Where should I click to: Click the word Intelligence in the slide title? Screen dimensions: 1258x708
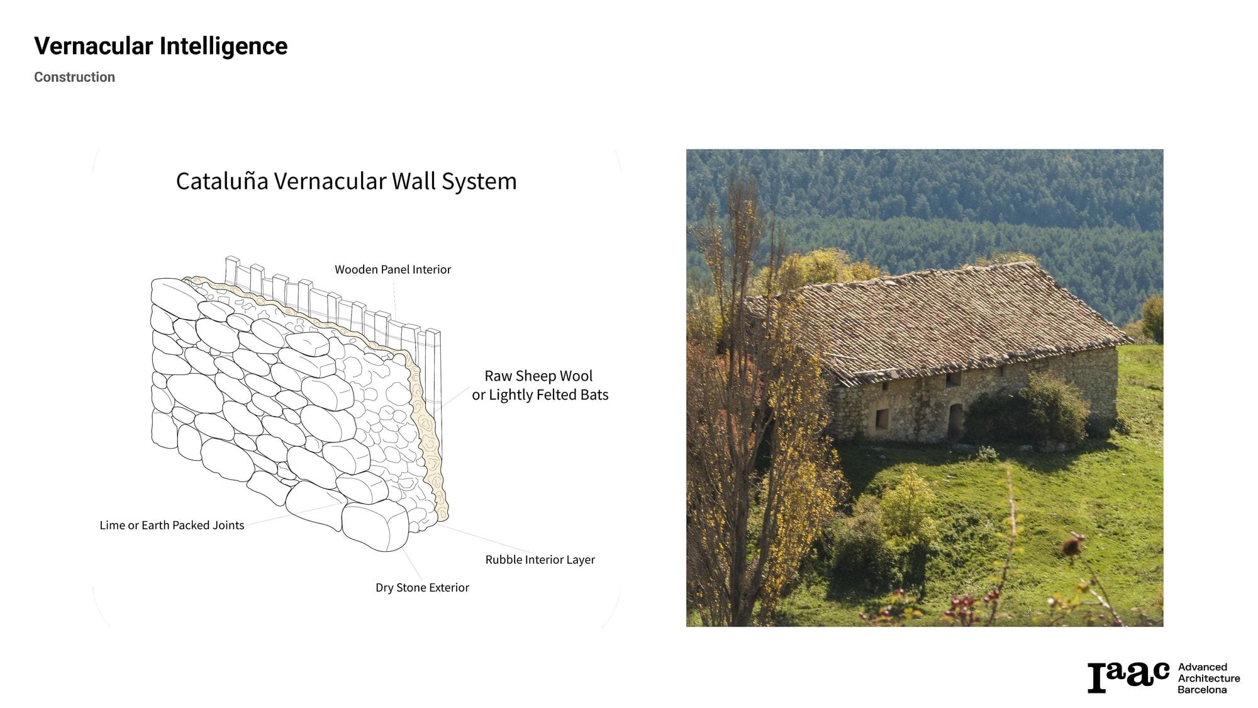[223, 47]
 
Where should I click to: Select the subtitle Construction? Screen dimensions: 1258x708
[74, 77]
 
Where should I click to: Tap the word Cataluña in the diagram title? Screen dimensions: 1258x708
[222, 181]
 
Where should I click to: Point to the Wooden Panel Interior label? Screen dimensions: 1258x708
[392, 269]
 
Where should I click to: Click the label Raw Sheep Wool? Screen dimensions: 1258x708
[538, 376]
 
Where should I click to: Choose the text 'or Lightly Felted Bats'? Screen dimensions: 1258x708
[540, 395]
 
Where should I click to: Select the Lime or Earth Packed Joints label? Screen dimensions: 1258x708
[172, 525]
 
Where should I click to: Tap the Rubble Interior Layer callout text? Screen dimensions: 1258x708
[540, 559]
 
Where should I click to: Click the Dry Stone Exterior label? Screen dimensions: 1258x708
[422, 587]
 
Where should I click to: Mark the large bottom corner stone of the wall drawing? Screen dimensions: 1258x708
[375, 526]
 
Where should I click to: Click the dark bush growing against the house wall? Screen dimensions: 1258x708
[1028, 409]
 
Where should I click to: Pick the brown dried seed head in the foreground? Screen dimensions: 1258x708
[1074, 544]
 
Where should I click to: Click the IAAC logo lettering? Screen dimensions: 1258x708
[1128, 677]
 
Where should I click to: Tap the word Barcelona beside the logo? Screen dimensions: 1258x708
[1202, 690]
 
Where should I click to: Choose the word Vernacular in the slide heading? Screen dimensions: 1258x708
[94, 47]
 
